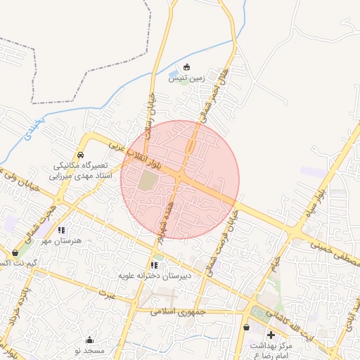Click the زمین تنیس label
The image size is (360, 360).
(x=186, y=79)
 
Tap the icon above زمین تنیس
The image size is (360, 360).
(x=186, y=67)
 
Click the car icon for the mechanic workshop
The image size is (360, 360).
(x=81, y=155)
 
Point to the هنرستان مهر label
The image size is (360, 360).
(x=62, y=240)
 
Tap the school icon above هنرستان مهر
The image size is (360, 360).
(x=62, y=229)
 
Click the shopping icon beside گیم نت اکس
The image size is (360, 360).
(x=15, y=252)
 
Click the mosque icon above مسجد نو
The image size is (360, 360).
(x=89, y=340)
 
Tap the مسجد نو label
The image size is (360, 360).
(x=89, y=350)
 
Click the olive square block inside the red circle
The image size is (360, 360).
(x=148, y=181)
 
